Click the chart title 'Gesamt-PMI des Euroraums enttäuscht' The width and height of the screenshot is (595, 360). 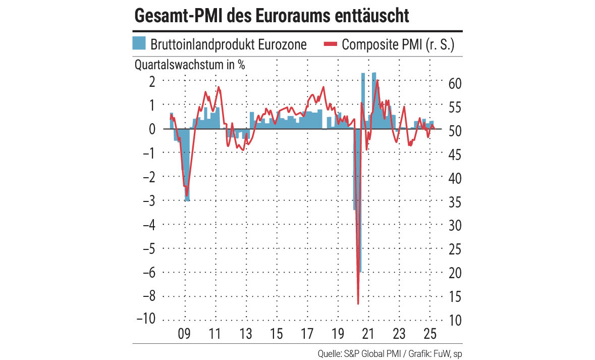point(271,15)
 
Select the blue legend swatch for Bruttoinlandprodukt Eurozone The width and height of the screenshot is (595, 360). point(139,43)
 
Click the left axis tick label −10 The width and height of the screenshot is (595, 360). point(145,320)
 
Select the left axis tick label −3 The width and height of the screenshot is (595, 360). point(148,200)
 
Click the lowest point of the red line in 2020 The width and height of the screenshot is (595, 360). point(358,303)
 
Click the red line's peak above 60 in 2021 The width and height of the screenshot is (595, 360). point(377,80)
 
